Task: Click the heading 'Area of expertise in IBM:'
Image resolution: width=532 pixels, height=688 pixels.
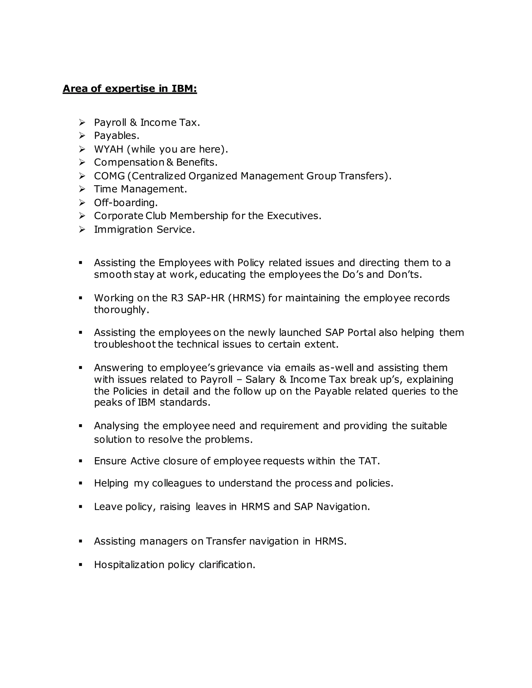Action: (x=130, y=89)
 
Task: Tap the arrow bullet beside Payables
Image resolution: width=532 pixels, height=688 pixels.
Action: (x=82, y=136)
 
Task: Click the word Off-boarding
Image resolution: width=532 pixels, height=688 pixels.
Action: (x=125, y=203)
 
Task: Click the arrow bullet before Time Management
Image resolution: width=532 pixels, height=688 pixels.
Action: (x=82, y=189)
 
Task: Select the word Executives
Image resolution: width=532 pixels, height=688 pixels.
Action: (x=294, y=216)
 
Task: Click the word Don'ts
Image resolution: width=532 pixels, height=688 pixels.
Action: (x=404, y=274)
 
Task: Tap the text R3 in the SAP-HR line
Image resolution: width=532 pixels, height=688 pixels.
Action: (x=177, y=298)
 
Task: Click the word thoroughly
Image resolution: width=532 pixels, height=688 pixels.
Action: (x=121, y=310)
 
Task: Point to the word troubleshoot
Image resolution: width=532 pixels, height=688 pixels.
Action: (x=124, y=344)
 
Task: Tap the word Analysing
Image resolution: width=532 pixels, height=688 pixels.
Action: (x=116, y=426)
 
